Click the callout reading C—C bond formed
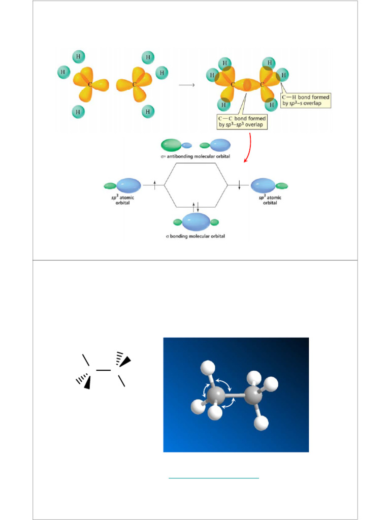242,121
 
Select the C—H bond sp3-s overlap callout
306,100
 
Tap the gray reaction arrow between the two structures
187,85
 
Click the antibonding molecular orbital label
195,156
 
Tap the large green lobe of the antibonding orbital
171,145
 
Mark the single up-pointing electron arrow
155,185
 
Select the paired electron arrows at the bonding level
197,207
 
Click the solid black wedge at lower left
87,382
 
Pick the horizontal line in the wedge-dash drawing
104,370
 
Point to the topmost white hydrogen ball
207,367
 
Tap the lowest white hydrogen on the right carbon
261,422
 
